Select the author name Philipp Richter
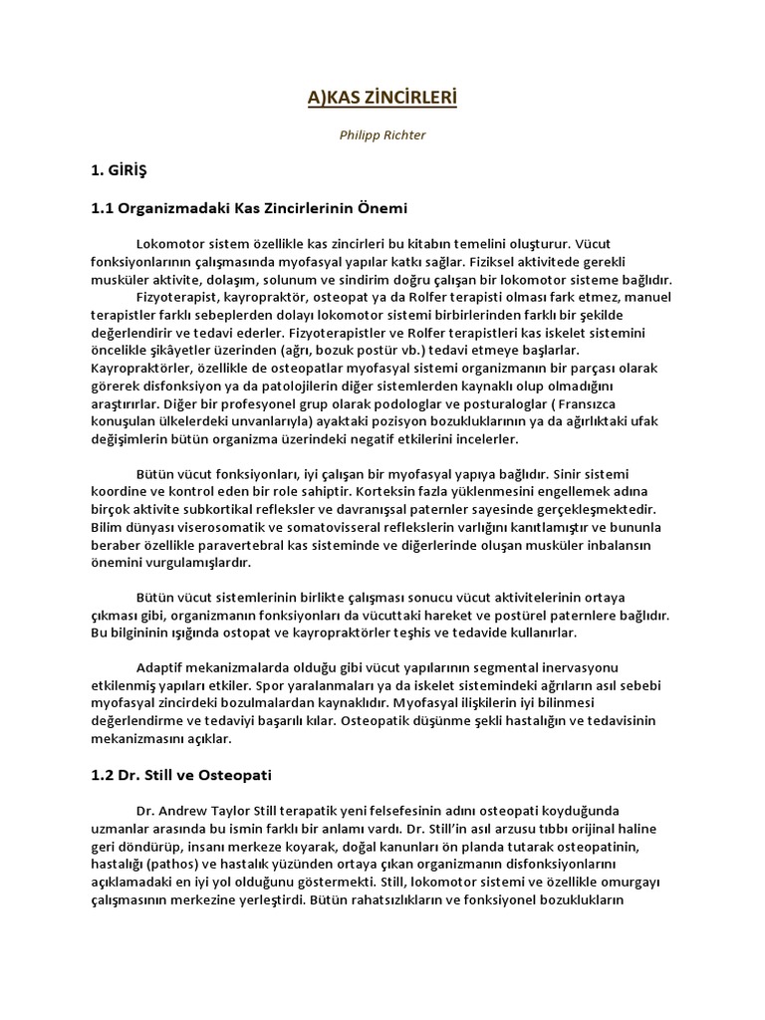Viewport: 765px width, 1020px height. pos(382,134)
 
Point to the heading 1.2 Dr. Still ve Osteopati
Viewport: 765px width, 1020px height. pos(181,773)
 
